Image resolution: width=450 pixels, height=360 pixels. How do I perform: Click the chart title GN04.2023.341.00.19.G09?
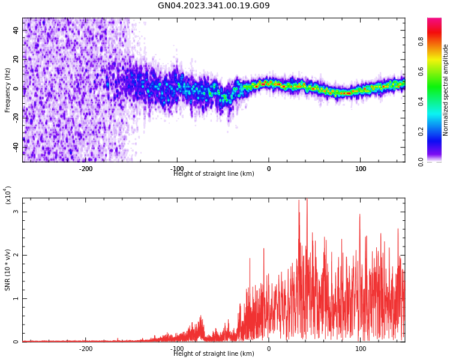[x=214, y=6]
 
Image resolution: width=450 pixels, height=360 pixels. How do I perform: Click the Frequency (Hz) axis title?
[x=8, y=90]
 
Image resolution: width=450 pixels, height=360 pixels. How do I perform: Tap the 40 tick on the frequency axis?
[x=16, y=30]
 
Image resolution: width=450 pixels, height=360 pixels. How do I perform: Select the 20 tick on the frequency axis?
[x=16, y=59]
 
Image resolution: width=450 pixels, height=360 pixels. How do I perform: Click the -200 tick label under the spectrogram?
[x=86, y=169]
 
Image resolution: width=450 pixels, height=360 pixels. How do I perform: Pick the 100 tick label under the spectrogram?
[x=361, y=169]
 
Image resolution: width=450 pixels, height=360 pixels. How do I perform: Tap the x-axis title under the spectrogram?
[x=214, y=174]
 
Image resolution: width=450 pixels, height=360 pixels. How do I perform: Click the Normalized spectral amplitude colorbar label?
[x=446, y=90]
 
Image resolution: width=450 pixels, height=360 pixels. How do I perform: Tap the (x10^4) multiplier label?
[x=8, y=195]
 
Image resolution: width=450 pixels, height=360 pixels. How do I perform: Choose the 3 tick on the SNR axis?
[x=16, y=212]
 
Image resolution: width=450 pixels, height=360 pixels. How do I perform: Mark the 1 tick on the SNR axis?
[x=16, y=299]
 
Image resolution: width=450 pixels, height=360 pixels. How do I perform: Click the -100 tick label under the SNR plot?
[x=177, y=349]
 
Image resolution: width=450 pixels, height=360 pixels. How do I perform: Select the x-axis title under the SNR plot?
[x=214, y=354]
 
